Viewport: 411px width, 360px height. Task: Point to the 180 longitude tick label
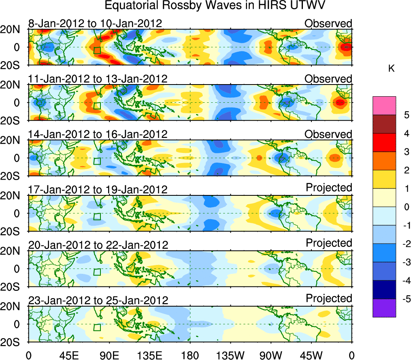190,355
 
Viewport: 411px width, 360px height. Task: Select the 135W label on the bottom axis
230,355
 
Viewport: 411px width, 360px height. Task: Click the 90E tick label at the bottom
109,355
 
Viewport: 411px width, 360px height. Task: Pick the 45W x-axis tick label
311,355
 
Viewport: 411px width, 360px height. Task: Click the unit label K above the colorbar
391,69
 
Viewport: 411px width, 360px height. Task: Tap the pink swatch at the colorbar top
384,106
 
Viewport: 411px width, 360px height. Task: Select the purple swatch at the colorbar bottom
384,308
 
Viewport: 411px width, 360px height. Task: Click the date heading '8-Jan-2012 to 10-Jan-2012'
95,23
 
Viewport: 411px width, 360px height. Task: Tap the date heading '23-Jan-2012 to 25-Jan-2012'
98,301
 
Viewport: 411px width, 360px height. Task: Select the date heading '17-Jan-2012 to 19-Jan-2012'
98,189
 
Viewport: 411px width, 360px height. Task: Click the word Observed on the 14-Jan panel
328,134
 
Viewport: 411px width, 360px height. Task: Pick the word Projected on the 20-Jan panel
329,243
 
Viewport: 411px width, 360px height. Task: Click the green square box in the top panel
97,50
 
